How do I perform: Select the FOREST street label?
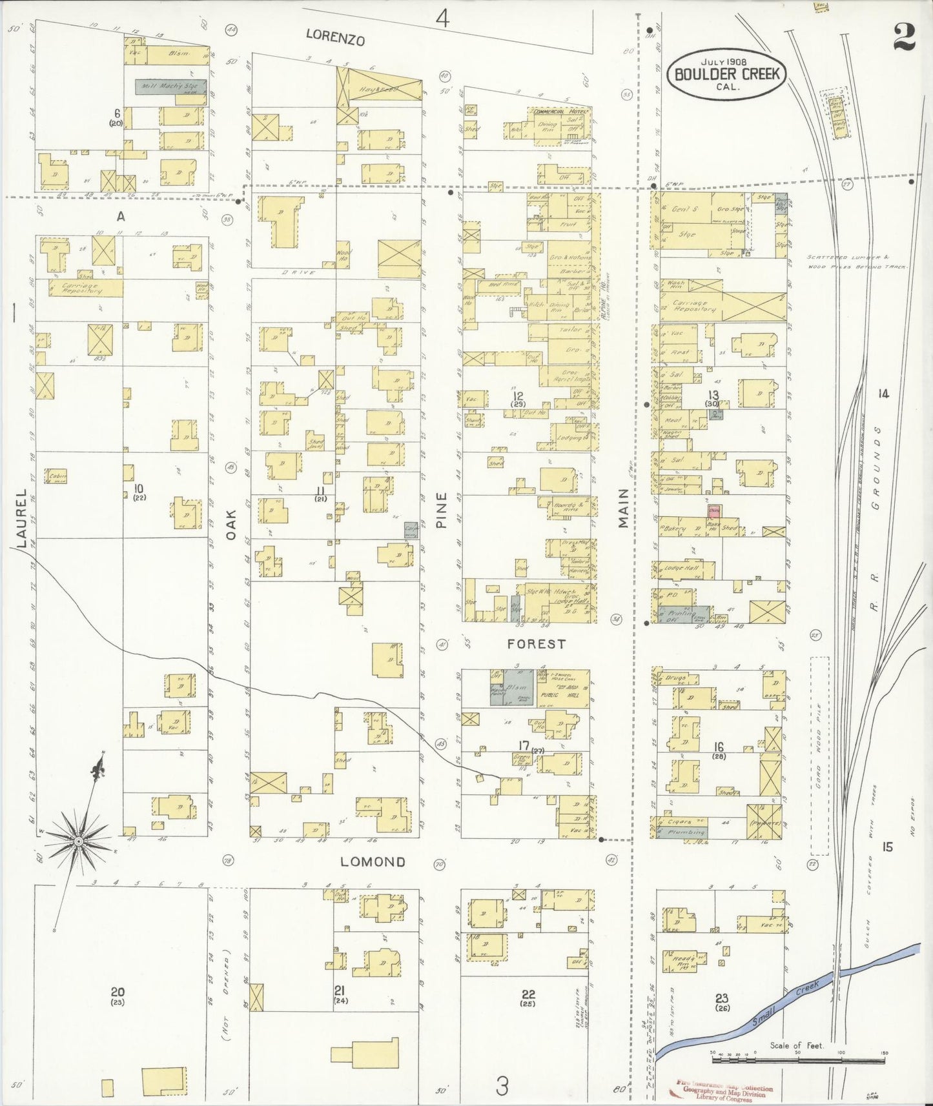tap(536, 643)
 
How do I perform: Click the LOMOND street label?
tap(373, 861)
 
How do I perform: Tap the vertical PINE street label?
tap(442, 510)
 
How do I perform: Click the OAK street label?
tap(232, 524)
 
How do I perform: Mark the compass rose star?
tap(78, 841)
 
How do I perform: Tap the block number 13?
tap(713, 395)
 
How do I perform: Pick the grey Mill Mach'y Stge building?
tap(170, 86)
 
